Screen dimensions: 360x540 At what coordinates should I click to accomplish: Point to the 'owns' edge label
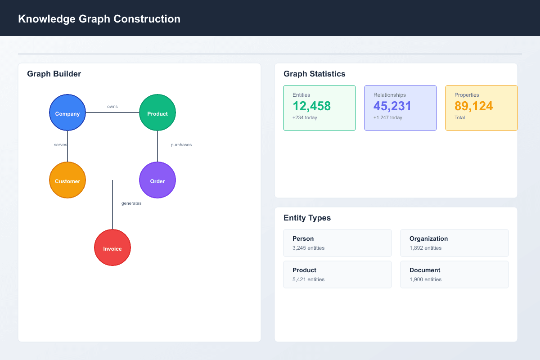[x=112, y=107]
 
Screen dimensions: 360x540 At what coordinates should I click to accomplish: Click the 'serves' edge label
[x=60, y=145]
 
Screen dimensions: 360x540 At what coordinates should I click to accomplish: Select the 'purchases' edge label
[x=181, y=145]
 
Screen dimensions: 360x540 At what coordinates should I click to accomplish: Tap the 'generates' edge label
[x=131, y=203]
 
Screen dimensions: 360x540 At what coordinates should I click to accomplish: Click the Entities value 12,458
[x=311, y=106]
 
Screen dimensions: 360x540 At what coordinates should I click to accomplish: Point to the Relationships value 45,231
[x=392, y=106]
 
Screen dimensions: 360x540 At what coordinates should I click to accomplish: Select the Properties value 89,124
[x=473, y=106]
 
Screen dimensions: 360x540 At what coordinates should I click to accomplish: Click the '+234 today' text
[x=305, y=117]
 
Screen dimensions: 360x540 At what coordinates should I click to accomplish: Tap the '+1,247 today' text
[x=388, y=117]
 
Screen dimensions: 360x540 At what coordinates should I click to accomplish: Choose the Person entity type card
[x=337, y=243]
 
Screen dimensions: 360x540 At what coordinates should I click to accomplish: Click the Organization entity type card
[x=454, y=243]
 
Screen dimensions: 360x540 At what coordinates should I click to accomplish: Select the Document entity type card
[x=454, y=274]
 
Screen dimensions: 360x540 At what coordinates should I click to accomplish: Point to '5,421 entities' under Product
[x=308, y=279]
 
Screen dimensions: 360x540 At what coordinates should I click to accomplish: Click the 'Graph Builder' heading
[x=54, y=74]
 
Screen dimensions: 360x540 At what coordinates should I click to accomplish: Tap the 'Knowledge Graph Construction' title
[x=99, y=19]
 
